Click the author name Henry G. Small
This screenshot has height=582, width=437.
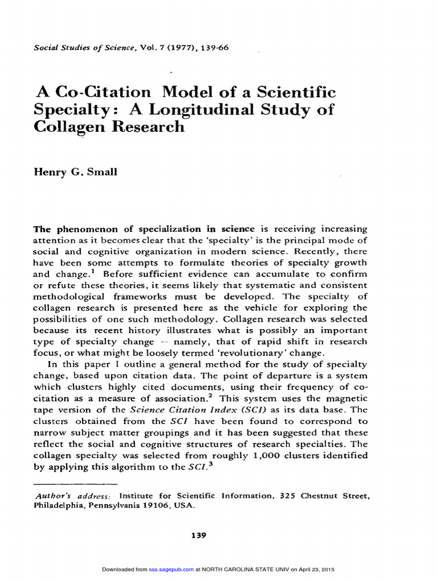click(x=76, y=172)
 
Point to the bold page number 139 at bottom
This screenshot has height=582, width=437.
click(x=200, y=535)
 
